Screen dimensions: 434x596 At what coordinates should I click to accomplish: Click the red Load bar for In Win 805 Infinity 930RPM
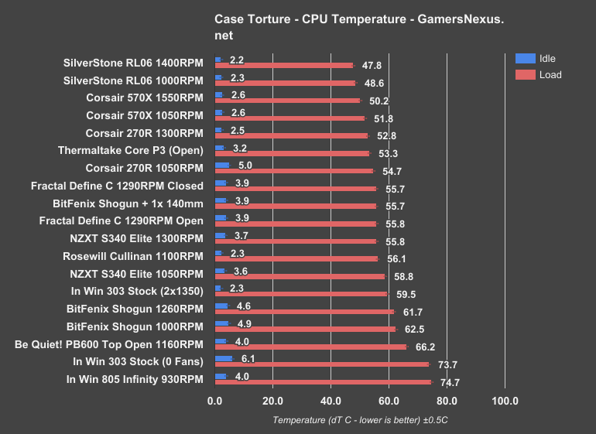pyautogui.click(x=323, y=382)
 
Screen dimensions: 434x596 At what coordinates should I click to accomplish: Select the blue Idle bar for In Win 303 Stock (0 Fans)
pyautogui.click(x=224, y=358)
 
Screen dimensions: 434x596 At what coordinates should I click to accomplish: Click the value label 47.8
pyautogui.click(x=372, y=66)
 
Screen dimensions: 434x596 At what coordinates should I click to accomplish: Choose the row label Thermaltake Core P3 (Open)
pyautogui.click(x=131, y=150)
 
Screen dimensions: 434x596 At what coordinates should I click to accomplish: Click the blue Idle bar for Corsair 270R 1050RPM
pyautogui.click(x=222, y=165)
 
